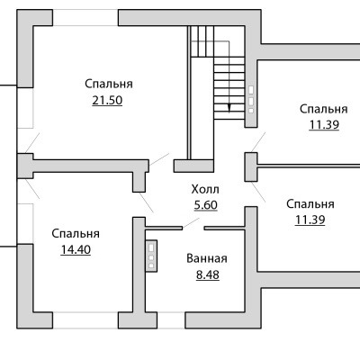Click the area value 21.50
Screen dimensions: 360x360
click(x=107, y=101)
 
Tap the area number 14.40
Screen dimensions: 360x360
click(x=76, y=249)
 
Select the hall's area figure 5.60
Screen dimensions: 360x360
click(x=205, y=205)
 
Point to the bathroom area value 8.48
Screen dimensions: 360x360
click(x=208, y=274)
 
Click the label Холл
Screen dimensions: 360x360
click(x=205, y=189)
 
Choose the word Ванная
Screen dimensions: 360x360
click(x=207, y=258)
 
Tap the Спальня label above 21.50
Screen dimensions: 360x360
click(x=109, y=84)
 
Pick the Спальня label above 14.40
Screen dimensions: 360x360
click(x=76, y=234)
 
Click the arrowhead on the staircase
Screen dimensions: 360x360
click(x=229, y=108)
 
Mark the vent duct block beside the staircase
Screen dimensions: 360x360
click(x=251, y=100)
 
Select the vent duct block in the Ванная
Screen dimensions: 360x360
click(x=151, y=256)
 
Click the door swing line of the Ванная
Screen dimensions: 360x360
click(x=191, y=223)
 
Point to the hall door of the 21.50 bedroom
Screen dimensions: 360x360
click(x=159, y=159)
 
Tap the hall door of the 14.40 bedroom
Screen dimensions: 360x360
click(x=146, y=202)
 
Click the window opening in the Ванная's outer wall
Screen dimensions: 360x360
click(x=171, y=320)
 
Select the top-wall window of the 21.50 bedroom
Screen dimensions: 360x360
click(x=85, y=18)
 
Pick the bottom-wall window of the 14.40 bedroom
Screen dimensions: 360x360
click(x=85, y=320)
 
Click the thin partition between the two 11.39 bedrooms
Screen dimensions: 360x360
click(x=309, y=166)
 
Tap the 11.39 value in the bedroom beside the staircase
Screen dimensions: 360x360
click(x=324, y=125)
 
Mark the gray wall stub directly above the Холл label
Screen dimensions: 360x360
click(x=193, y=166)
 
